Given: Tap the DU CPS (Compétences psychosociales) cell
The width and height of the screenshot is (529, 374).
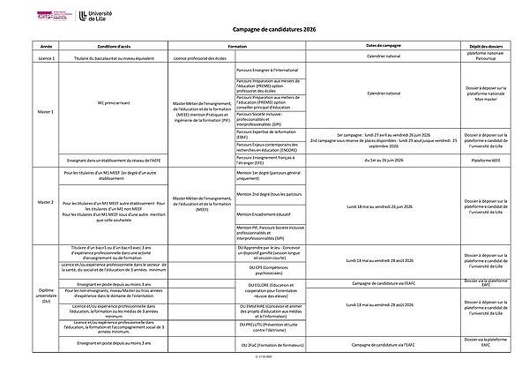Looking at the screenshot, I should tap(264, 269).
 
